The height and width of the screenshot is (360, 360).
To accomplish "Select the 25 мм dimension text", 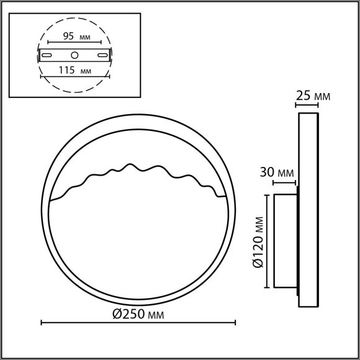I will [x=312, y=96].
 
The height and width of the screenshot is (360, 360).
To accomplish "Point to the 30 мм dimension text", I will [x=276, y=172].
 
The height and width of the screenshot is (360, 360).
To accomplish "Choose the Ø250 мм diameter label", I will [x=138, y=314].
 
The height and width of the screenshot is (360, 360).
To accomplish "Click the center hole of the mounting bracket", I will [x=74, y=55].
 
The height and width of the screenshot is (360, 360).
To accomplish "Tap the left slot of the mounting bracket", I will [x=47, y=55].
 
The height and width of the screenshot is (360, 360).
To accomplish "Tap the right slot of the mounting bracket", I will [x=101, y=55].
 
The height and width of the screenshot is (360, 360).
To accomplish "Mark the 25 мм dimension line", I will [x=308, y=106].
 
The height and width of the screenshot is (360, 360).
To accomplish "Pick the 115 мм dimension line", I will [x=74, y=77].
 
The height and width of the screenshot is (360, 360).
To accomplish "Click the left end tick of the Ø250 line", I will [x=42, y=322].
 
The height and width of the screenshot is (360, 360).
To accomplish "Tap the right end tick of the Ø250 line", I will [x=236, y=322].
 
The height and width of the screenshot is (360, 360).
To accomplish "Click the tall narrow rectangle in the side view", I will [x=308, y=210].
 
